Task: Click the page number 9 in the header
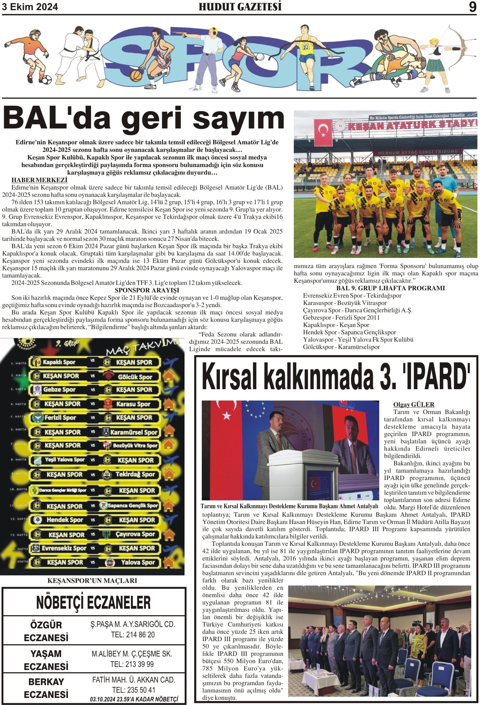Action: [472, 7]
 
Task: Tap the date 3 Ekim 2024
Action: [30, 7]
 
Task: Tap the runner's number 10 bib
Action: [305, 47]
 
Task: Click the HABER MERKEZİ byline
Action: [39, 180]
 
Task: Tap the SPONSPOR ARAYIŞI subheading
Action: [147, 290]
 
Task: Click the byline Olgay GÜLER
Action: [414, 404]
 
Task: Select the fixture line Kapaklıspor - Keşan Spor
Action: [336, 325]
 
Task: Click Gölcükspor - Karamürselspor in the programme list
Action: [341, 347]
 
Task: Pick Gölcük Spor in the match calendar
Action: [135, 377]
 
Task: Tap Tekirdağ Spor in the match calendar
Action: [135, 474]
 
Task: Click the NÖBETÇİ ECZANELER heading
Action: [93, 603]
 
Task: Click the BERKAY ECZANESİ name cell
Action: [46, 688]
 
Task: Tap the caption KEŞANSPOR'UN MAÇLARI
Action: [92, 581]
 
